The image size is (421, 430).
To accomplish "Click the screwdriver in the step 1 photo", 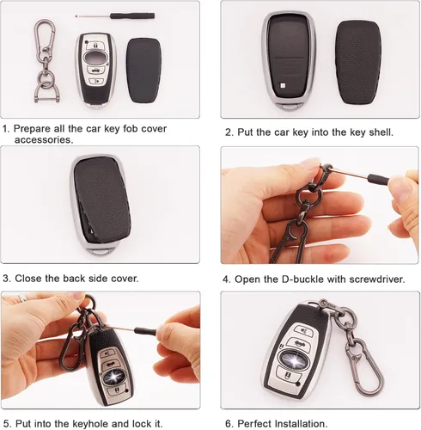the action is coord(115,15).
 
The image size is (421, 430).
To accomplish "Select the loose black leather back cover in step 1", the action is coord(143,71).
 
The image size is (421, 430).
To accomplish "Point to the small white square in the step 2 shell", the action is coord(282,85).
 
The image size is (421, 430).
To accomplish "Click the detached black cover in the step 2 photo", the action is coord(358,62).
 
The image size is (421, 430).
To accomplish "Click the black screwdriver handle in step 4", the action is coord(378,179).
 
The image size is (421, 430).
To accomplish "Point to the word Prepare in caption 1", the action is coord(32,129).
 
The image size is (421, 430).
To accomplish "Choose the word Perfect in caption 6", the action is coord(254,424).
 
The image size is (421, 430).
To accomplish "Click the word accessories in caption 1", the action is coord(43,140).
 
